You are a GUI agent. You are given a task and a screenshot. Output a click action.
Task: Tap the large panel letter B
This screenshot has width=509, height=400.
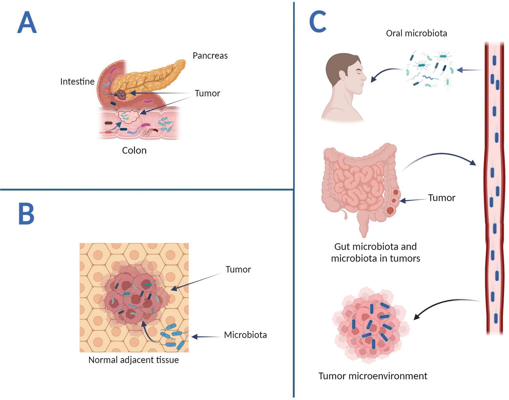(x=26, y=214)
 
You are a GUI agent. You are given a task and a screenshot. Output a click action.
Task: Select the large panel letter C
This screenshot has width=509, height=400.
(x=318, y=22)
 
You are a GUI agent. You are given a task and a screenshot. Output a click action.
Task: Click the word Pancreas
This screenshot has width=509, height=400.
(x=210, y=55)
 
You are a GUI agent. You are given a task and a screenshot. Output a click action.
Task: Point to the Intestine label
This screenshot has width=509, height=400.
(x=77, y=82)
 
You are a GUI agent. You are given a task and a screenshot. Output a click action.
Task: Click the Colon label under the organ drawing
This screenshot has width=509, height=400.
(x=134, y=150)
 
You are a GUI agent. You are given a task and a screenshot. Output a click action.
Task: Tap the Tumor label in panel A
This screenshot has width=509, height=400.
(x=207, y=93)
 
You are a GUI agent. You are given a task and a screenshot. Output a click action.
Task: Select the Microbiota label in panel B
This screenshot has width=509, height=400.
(x=245, y=335)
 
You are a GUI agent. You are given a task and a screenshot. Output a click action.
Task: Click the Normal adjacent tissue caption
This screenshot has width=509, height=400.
(x=133, y=360)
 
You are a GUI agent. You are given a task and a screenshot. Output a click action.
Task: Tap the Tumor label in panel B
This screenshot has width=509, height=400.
(x=238, y=269)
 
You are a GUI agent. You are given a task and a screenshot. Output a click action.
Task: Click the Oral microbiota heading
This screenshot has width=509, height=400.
(x=416, y=33)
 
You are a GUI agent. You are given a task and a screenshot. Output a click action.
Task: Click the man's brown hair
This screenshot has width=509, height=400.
(x=339, y=64)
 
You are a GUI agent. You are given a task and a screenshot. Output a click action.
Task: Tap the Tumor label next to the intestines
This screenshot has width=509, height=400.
(x=441, y=198)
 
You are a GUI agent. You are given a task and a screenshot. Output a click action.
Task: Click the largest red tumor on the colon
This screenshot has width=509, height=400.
(x=390, y=210)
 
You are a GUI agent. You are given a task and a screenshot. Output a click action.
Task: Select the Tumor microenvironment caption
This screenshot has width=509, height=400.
(x=373, y=376)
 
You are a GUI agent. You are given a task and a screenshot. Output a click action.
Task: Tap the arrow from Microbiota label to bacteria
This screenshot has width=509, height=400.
(x=206, y=337)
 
